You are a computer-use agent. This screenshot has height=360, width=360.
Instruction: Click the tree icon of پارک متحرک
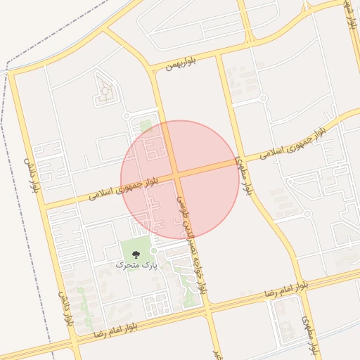click(135, 254)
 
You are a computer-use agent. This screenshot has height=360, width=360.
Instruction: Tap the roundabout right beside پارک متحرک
click(153, 250)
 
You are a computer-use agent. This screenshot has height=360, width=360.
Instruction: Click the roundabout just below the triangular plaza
click(127, 116)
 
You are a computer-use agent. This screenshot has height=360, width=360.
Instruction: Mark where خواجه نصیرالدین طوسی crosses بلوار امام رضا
click(207, 309)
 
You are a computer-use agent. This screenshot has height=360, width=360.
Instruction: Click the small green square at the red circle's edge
click(146, 125)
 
